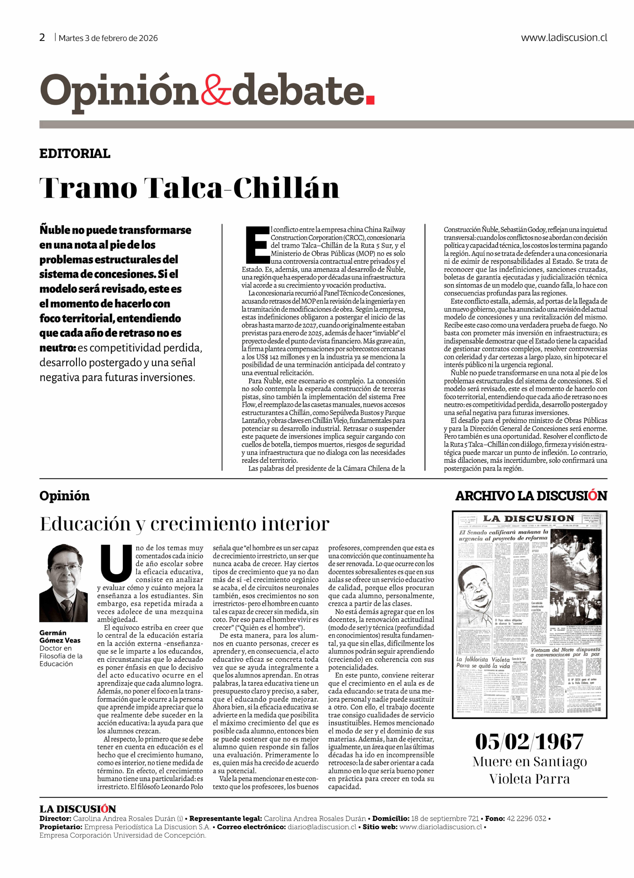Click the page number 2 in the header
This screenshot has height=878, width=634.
(42, 38)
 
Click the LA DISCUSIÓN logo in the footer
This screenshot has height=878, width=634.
(77, 809)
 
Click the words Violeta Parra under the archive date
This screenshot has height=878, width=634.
(529, 779)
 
